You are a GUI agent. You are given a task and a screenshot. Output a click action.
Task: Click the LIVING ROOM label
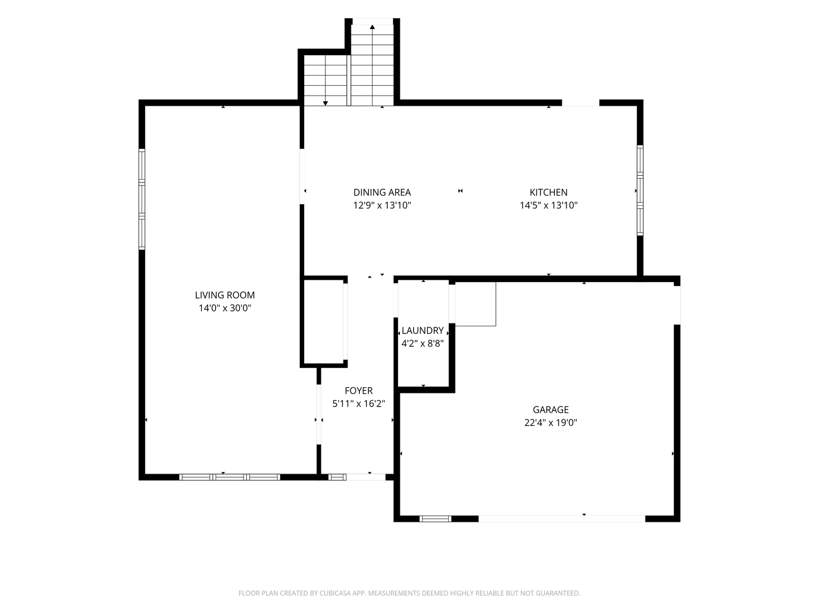225,295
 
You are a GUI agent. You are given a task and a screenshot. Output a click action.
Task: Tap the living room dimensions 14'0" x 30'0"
225,308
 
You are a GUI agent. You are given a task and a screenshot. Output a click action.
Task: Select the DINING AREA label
382,192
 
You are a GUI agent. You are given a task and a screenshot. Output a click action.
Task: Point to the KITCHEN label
548,192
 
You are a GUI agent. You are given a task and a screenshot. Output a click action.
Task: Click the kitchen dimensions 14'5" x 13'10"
548,205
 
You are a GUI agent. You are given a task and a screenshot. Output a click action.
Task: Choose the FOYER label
358,391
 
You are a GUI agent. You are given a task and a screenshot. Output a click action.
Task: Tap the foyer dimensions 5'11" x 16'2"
358,404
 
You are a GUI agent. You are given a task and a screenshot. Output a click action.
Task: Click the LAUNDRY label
423,330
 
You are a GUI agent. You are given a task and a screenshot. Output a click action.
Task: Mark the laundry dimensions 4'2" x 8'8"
423,343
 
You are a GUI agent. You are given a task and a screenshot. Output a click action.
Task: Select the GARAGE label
551,410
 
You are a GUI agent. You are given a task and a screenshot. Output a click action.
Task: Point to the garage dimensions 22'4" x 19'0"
551,422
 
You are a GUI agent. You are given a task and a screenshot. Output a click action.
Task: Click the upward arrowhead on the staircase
373,27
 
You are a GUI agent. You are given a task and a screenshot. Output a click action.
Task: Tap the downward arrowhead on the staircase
325,103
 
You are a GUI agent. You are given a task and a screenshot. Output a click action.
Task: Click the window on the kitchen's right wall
640,190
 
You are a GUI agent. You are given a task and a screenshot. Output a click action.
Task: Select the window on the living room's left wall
142,199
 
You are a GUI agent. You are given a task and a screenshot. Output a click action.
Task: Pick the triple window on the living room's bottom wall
229,477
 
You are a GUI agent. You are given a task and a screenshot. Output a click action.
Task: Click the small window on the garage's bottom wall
435,518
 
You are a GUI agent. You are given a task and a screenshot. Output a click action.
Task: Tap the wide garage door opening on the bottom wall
562,518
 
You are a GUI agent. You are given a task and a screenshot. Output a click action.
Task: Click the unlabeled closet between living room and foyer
324,321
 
